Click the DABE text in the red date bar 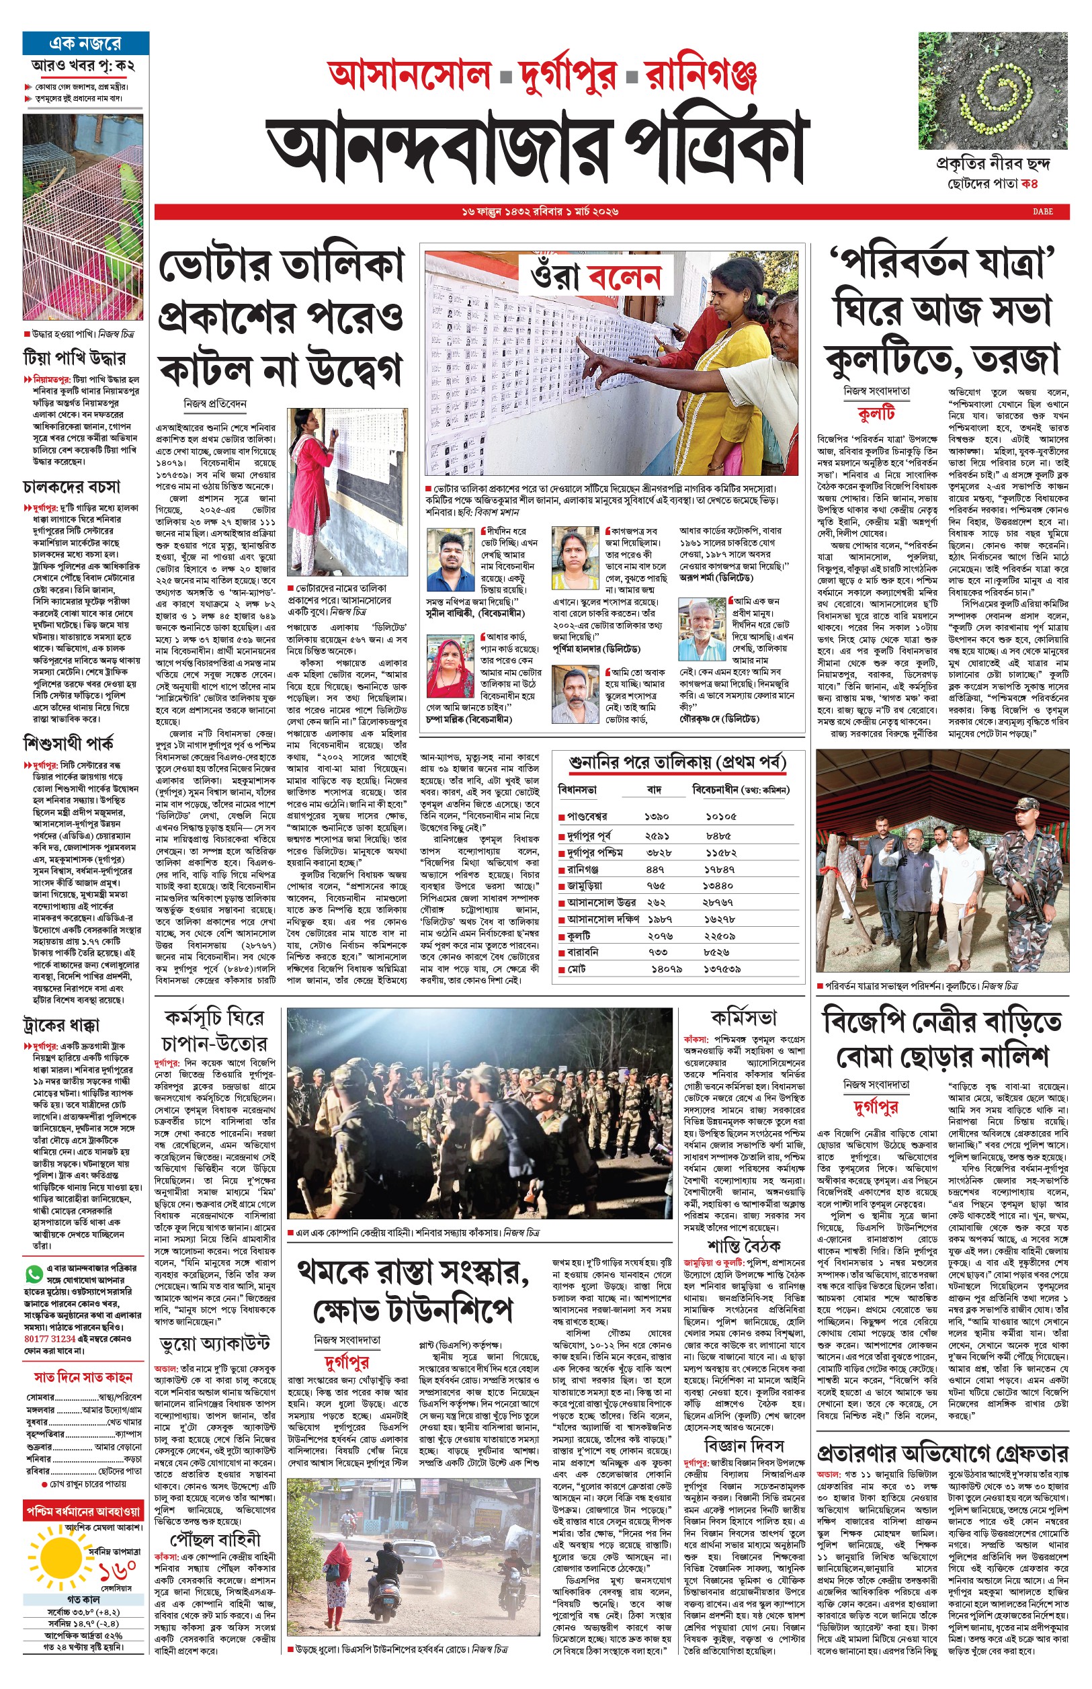click(1042, 211)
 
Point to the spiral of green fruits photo click(993, 91)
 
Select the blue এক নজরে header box click(86, 43)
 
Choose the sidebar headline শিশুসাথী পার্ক click(68, 744)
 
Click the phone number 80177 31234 click(50, 1339)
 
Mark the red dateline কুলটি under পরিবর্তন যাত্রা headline click(876, 413)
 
